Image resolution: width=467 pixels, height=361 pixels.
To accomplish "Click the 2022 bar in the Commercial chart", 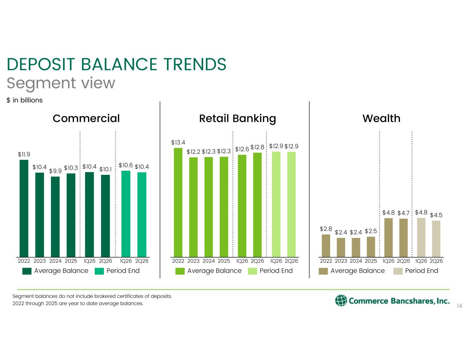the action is coord(24,208).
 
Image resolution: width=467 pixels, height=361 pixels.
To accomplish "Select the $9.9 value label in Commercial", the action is coord(55,171).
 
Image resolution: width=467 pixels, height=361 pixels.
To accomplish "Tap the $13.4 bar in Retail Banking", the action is coord(178,203).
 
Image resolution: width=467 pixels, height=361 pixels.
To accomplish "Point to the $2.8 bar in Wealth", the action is coord(326,246).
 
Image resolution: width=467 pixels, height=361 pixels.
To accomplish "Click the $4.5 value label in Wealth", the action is coord(436,215).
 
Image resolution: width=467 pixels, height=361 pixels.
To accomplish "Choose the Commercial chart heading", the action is coord(86,118).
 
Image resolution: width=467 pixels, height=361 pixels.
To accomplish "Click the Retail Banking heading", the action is coord(237,119).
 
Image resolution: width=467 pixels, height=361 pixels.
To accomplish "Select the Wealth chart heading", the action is coord(381,118).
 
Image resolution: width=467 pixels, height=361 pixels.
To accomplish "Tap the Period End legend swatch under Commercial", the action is coord(99,271).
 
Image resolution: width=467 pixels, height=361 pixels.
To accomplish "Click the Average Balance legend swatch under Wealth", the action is coord(323,271).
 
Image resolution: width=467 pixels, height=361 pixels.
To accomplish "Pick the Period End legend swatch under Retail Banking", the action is coord(252,271).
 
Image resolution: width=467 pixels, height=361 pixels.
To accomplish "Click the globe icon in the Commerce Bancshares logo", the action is coord(341,300).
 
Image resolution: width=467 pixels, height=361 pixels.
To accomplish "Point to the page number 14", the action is coord(459,306).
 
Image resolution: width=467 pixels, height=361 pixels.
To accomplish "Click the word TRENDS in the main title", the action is coord(195,64).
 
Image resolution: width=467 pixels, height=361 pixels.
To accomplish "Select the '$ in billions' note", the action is coord(25,100).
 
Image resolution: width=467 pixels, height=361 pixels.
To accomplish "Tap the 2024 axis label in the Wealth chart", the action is coord(356,261).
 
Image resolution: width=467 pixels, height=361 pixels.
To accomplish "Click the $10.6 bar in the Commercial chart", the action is coord(126,214).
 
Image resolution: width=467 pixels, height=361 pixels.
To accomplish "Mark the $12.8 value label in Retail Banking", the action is coord(257,147).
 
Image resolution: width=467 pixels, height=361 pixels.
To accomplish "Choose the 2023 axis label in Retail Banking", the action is coord(193,261).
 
